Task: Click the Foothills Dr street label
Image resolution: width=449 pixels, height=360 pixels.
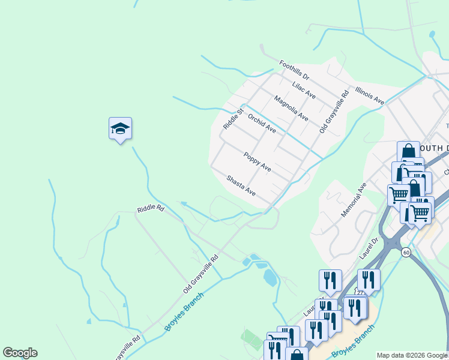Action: pos(294,71)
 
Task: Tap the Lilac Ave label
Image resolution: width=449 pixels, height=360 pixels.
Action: pos(304,90)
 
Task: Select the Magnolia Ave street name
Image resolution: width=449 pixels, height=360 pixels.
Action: pos(291,108)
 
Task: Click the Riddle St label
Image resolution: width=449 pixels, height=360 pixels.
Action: pos(232,118)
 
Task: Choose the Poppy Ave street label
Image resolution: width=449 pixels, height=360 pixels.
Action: pos(258,162)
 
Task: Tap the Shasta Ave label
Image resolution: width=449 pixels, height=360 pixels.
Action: pos(241,186)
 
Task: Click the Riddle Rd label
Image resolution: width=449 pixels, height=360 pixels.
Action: pos(150,209)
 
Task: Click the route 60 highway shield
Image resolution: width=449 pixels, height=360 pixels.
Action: pos(406,252)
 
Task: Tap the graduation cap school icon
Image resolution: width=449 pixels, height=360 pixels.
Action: pos(120,128)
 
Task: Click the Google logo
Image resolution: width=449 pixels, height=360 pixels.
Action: pos(20,353)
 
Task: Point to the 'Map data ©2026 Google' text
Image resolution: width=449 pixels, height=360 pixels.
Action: pos(412,355)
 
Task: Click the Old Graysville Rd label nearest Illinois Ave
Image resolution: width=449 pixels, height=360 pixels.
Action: pos(334,112)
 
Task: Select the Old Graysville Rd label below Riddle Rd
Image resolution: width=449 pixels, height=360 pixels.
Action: pos(200,274)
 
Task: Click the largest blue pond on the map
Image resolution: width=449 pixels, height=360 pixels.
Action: pos(270,277)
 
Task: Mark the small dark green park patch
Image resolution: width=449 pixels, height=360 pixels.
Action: pos(252,339)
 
